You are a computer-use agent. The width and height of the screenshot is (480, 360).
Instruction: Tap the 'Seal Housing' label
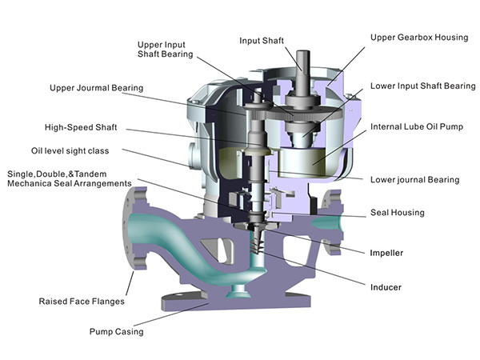point(398,213)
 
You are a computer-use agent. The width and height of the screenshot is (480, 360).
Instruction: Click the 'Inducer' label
point(385,286)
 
